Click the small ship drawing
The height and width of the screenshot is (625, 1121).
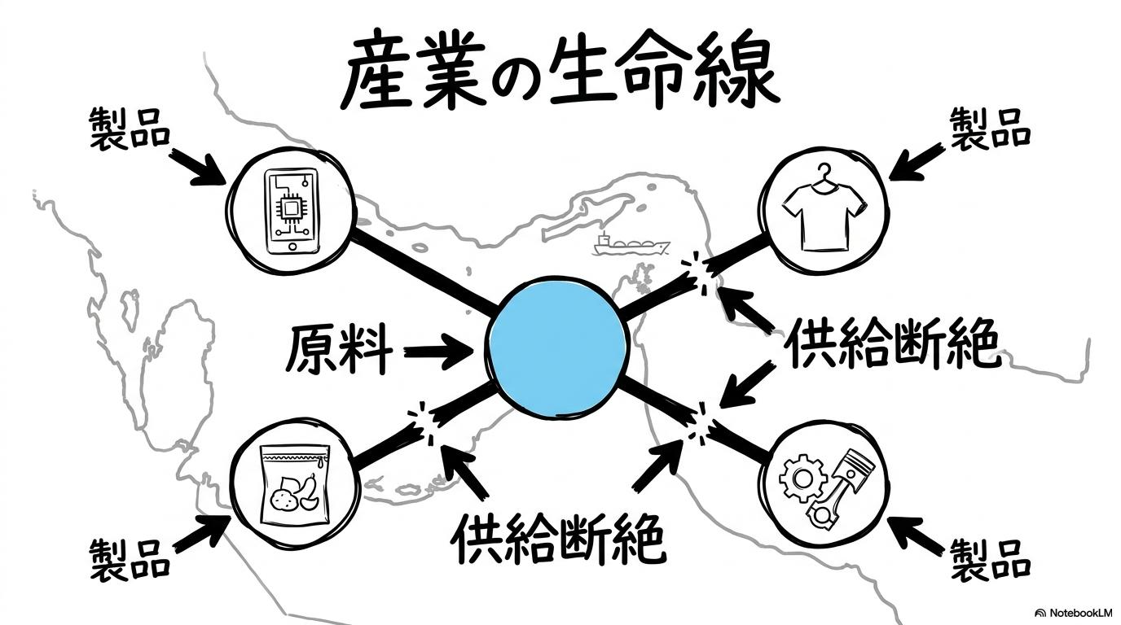631,246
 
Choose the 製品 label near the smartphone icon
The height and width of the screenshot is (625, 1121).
130,129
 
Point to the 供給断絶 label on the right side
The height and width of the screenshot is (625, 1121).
893,343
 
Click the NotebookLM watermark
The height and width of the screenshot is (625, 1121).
1076,613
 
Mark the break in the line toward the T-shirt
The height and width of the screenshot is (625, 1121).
697,273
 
